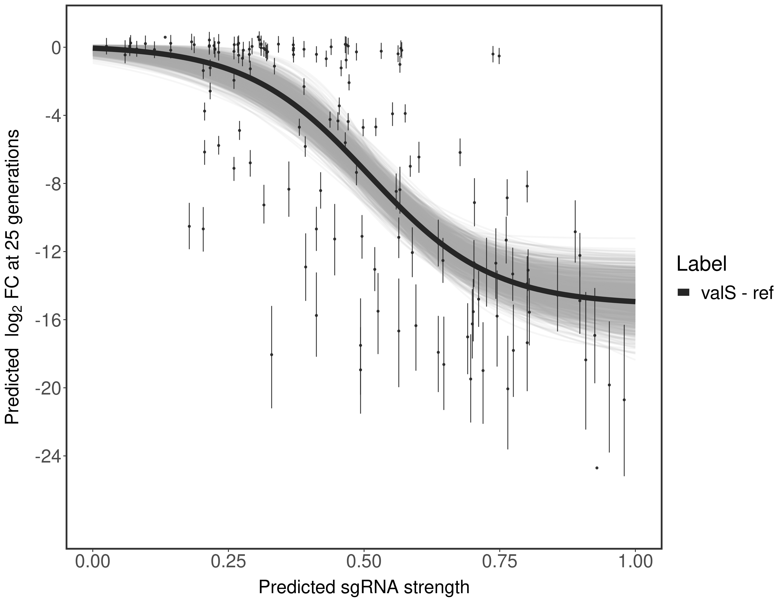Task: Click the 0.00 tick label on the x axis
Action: tap(93, 562)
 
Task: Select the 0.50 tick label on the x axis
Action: tap(364, 562)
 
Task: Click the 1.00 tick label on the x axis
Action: tap(635, 562)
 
